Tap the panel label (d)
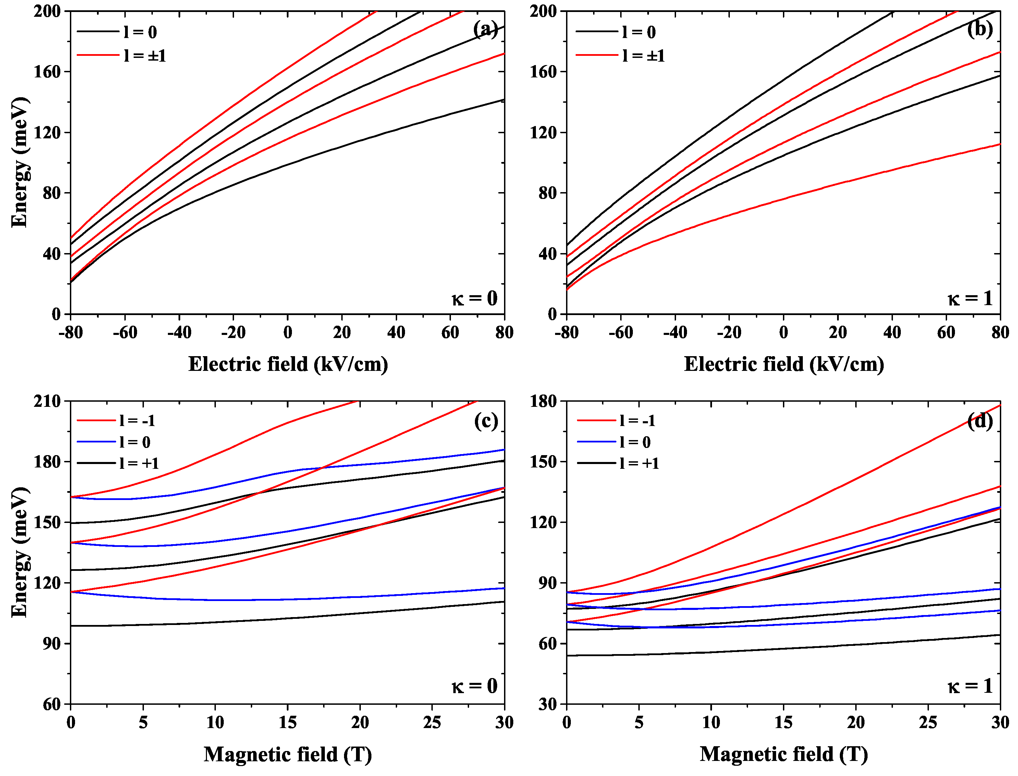(980, 421)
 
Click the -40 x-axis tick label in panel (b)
(675, 333)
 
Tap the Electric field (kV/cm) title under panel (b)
(784, 364)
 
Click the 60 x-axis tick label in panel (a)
(450, 333)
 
